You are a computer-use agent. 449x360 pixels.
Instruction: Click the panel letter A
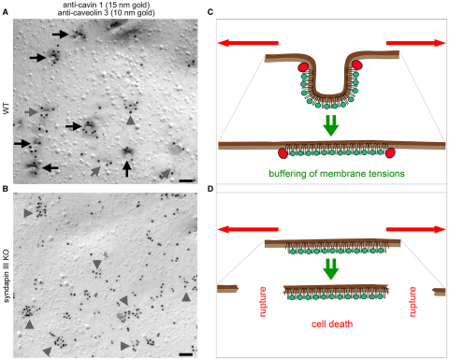click(x=5, y=12)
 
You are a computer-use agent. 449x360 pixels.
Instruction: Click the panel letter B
click(x=5, y=189)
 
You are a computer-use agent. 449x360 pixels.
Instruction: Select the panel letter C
click(x=210, y=12)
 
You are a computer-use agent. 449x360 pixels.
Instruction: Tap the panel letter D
click(x=210, y=189)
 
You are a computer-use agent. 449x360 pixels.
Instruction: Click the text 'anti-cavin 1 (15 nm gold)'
click(x=107, y=5)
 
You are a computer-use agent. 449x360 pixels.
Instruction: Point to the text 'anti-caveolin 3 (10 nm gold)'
click(x=107, y=13)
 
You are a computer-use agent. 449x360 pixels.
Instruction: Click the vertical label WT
click(x=6, y=110)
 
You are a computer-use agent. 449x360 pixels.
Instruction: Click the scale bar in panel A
click(x=186, y=180)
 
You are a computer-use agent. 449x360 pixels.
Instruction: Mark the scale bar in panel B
click(x=186, y=354)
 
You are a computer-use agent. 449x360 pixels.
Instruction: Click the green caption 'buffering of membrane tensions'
click(x=337, y=173)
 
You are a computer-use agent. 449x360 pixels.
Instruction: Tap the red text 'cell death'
click(x=332, y=324)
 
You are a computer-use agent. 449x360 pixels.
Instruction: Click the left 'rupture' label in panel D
click(x=263, y=302)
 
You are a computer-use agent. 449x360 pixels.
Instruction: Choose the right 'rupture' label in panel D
click(x=413, y=302)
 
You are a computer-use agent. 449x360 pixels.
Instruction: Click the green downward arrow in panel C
click(x=331, y=125)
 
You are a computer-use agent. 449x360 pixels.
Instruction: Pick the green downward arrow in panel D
click(x=331, y=268)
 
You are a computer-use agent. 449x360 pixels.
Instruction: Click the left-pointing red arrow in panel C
click(x=248, y=43)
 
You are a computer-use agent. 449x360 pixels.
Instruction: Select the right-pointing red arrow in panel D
click(x=416, y=229)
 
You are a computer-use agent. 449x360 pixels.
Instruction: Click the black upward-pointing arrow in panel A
click(x=126, y=168)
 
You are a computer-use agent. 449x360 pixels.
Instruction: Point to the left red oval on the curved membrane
click(x=303, y=67)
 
